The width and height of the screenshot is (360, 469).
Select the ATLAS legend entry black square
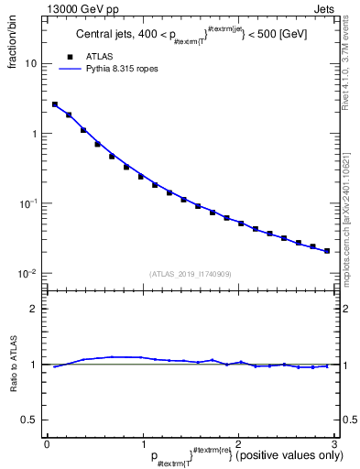(x=70, y=56)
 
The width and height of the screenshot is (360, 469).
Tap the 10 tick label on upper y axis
(x=31, y=64)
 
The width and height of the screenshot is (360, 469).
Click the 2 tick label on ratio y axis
(x=35, y=309)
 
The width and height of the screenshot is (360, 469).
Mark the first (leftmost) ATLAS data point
(x=55, y=104)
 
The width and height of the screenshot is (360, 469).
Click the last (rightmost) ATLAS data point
(x=327, y=250)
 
